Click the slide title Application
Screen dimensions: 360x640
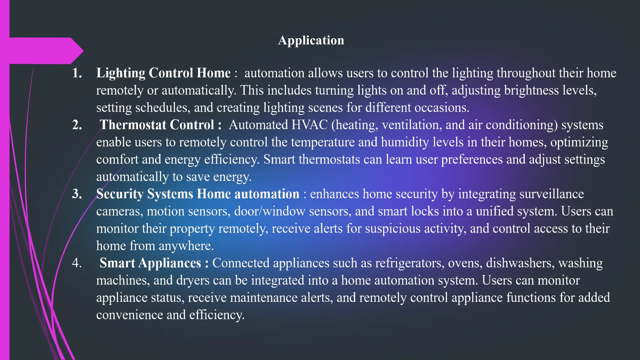click(x=311, y=40)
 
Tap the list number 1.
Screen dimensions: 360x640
click(x=77, y=73)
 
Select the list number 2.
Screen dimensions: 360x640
click(x=77, y=125)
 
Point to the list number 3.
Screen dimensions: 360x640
click(x=77, y=194)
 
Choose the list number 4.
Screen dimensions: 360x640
click(x=77, y=263)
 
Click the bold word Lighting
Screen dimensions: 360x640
click(x=121, y=73)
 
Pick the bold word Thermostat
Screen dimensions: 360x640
click(x=133, y=125)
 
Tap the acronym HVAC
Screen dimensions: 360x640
click(x=309, y=125)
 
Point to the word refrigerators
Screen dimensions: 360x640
click(x=410, y=263)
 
